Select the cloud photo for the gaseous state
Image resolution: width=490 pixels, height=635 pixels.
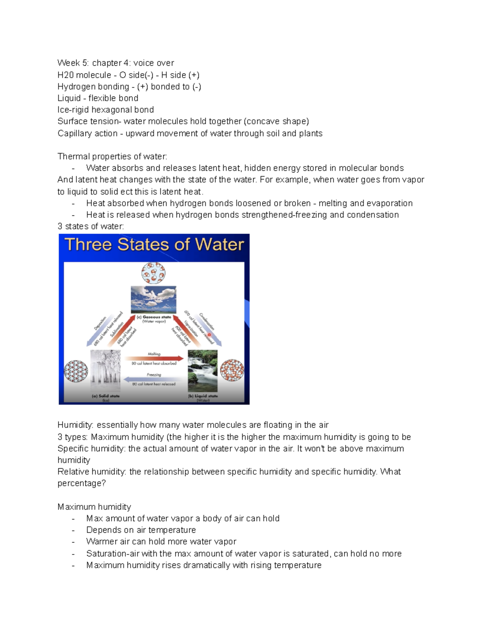tap(154, 299)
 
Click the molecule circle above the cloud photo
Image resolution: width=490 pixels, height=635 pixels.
tap(154, 273)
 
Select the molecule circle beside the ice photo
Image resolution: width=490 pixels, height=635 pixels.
tap(76, 371)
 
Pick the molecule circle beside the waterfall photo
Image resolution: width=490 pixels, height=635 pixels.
tap(232, 370)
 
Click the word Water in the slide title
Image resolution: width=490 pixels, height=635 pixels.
tap(219, 245)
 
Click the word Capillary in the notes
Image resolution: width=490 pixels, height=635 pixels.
tap(72, 133)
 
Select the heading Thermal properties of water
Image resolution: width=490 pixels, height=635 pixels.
tap(112, 157)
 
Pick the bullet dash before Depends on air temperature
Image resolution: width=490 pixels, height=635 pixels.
tap(73, 530)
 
